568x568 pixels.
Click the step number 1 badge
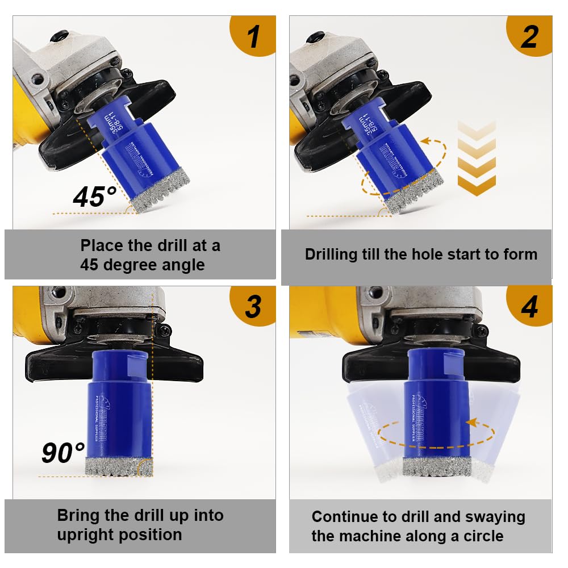[x=253, y=36]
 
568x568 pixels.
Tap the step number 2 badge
[x=529, y=36]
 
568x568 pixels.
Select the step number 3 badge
[x=253, y=306]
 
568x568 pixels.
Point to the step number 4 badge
[x=529, y=306]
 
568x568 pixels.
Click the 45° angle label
[x=95, y=197]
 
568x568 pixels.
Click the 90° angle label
[x=64, y=453]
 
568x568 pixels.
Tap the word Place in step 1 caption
[x=102, y=246]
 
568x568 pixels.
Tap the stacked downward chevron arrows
[x=476, y=157]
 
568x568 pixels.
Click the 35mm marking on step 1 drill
[x=115, y=122]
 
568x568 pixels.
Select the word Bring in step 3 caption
[x=80, y=516]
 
